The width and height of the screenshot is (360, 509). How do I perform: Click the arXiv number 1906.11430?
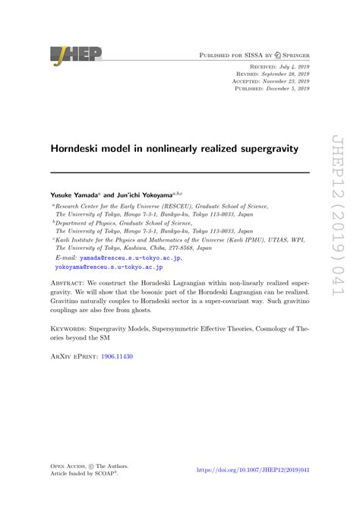118,378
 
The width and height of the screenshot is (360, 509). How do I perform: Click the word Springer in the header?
292,56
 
